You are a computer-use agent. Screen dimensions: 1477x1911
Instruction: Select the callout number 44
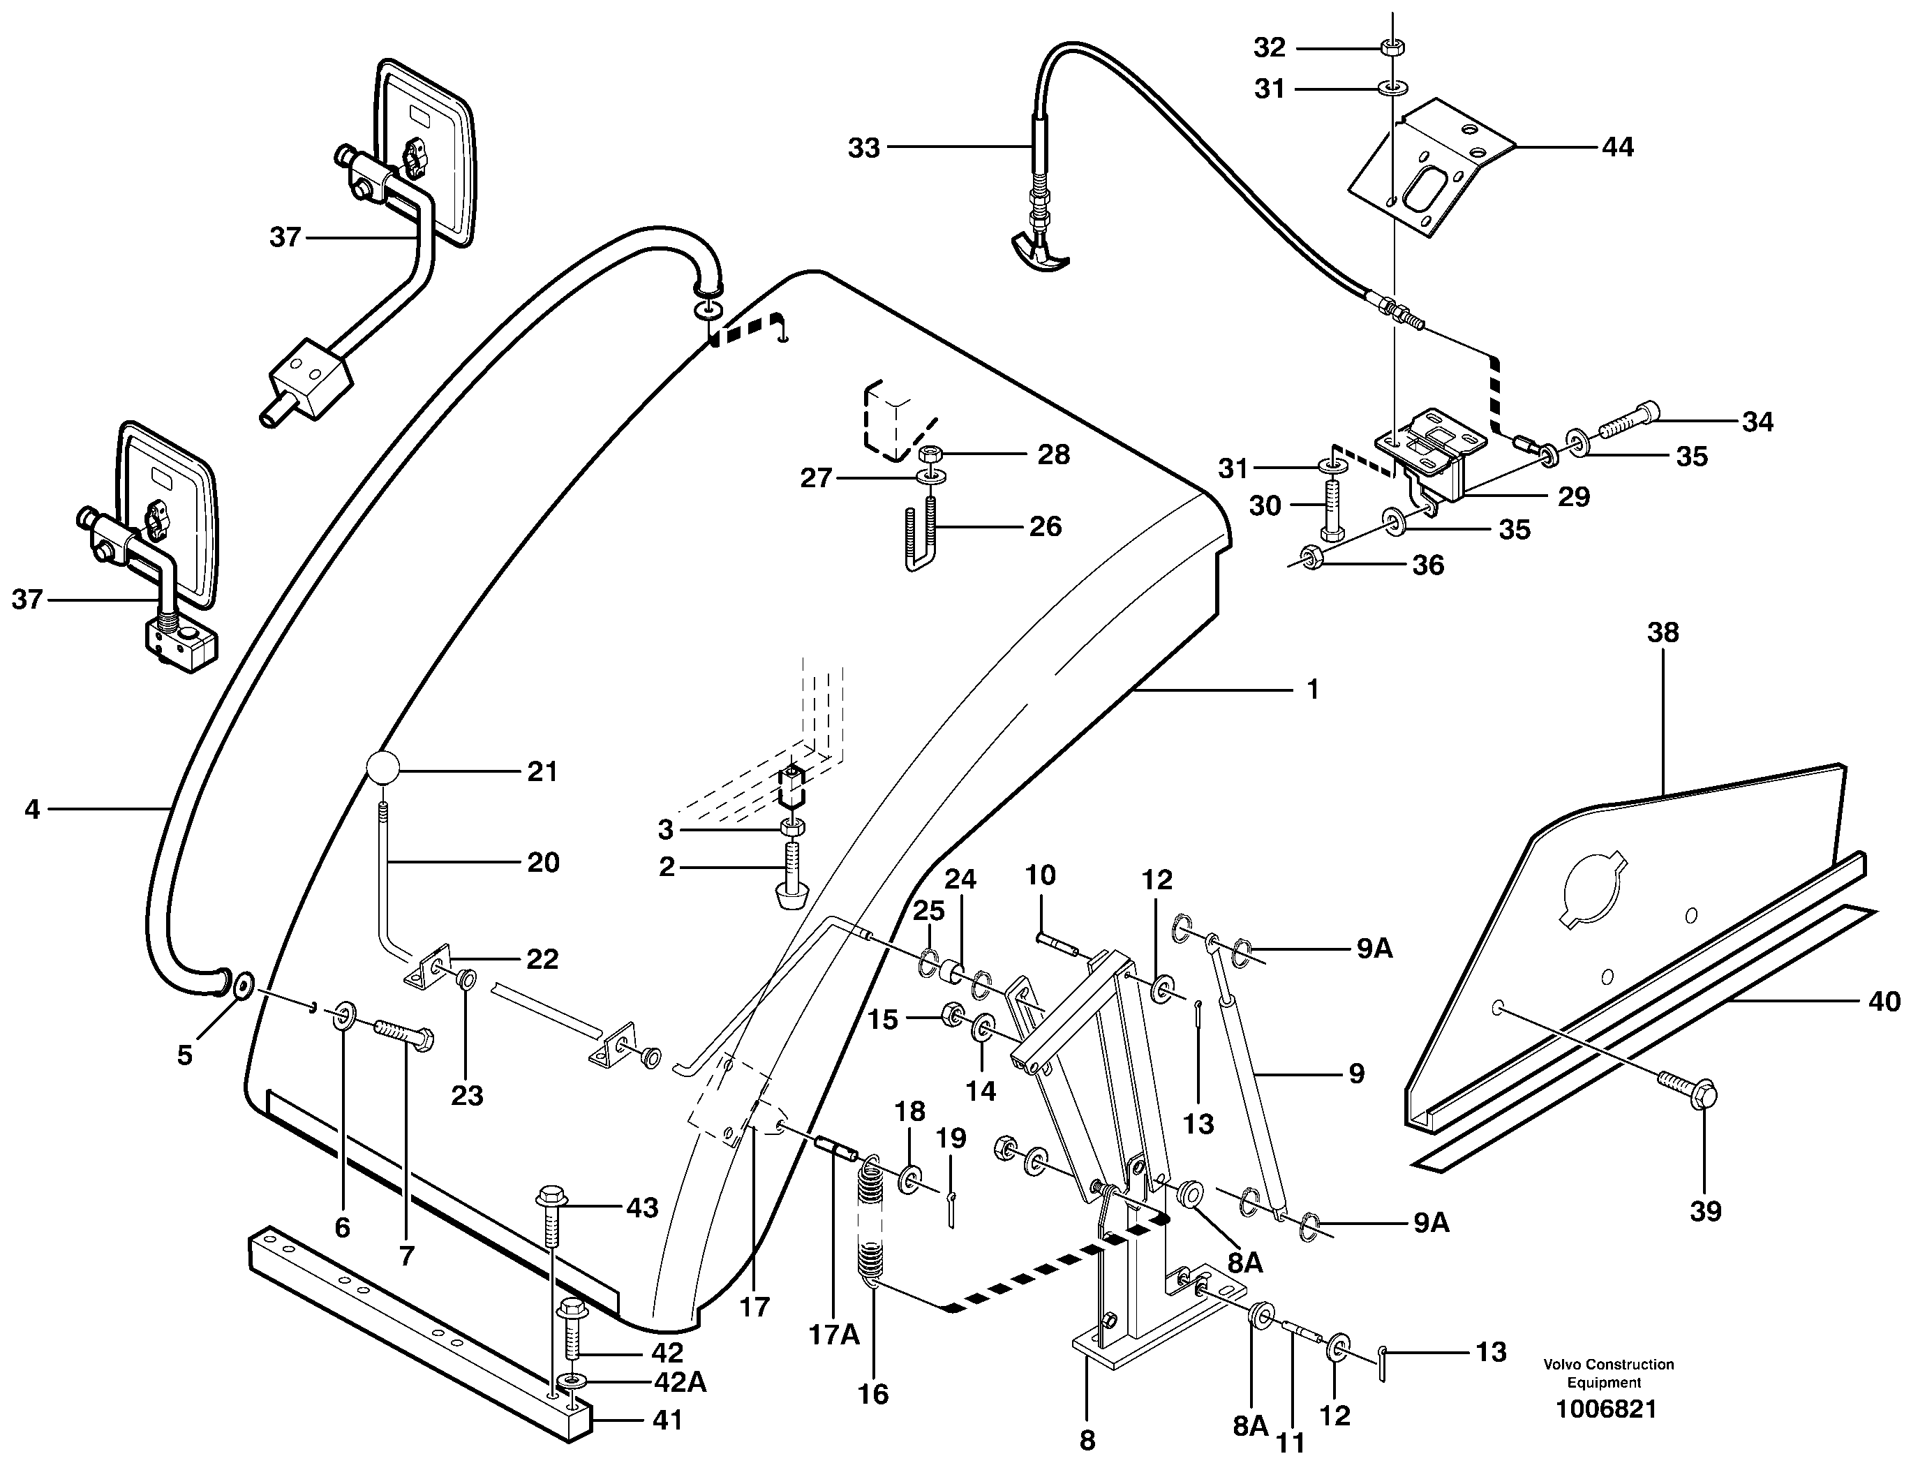(x=1617, y=147)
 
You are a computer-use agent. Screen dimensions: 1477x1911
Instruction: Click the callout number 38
(x=1663, y=632)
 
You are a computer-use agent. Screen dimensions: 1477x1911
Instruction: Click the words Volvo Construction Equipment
(x=1608, y=1373)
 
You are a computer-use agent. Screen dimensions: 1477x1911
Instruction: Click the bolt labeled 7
(x=404, y=1036)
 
